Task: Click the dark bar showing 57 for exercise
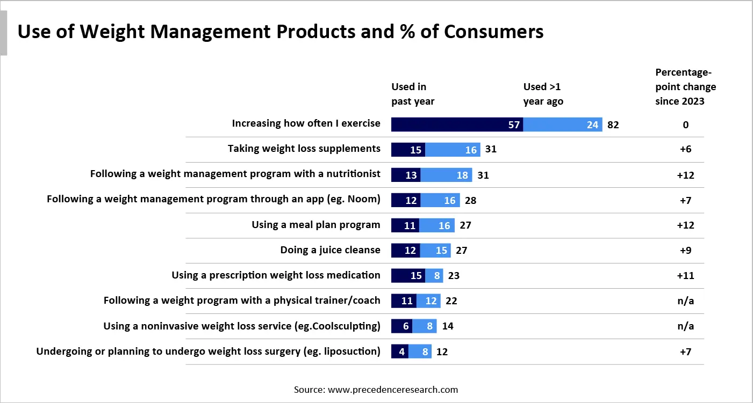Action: point(457,124)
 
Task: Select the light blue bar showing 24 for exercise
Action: point(562,124)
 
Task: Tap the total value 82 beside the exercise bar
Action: point(613,125)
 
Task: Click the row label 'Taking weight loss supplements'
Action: point(304,149)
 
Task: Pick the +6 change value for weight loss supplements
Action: point(685,150)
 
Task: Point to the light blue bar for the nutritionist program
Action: point(446,175)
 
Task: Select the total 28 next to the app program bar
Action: point(470,201)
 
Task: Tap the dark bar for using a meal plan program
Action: point(405,225)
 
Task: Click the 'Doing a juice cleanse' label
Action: point(330,250)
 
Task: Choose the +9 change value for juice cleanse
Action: point(685,251)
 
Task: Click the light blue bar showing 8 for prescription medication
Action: point(434,276)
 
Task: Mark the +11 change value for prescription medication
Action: point(685,276)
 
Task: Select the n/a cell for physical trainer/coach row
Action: point(685,301)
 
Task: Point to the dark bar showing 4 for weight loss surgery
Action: point(400,352)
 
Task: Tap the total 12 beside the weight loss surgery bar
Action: point(442,352)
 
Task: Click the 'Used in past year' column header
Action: point(413,94)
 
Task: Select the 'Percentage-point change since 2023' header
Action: point(685,86)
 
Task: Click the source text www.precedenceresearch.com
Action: point(392,390)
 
